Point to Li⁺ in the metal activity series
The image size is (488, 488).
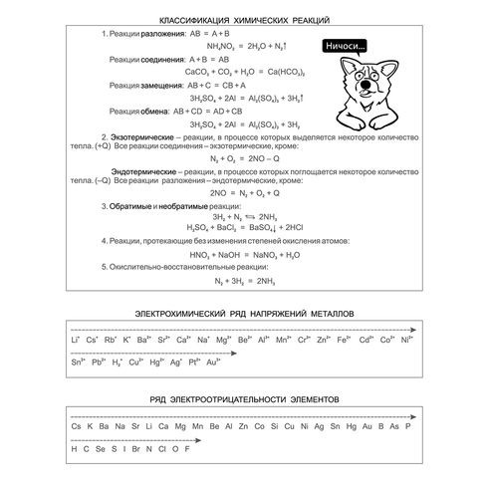(76, 342)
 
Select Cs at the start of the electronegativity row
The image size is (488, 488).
(76, 427)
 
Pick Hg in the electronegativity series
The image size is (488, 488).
(338, 427)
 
